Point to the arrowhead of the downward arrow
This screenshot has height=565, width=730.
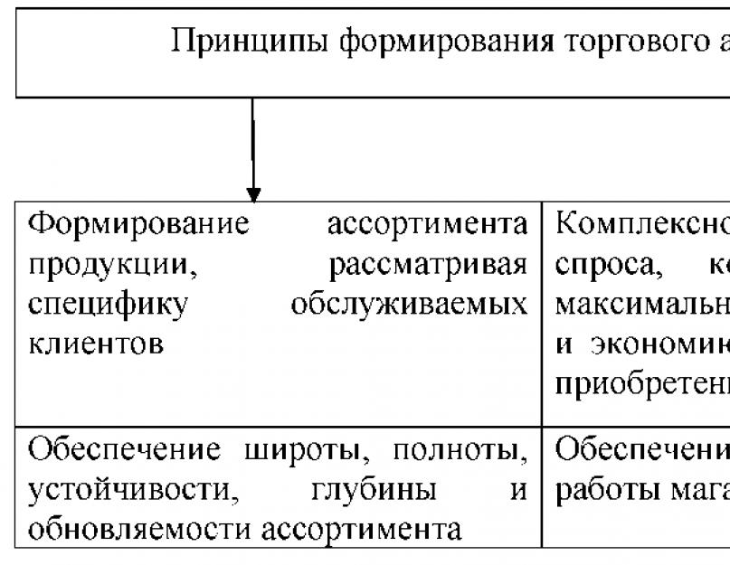coord(254,194)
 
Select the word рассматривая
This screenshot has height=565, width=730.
coord(429,265)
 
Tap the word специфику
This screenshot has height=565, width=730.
coord(109,305)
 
